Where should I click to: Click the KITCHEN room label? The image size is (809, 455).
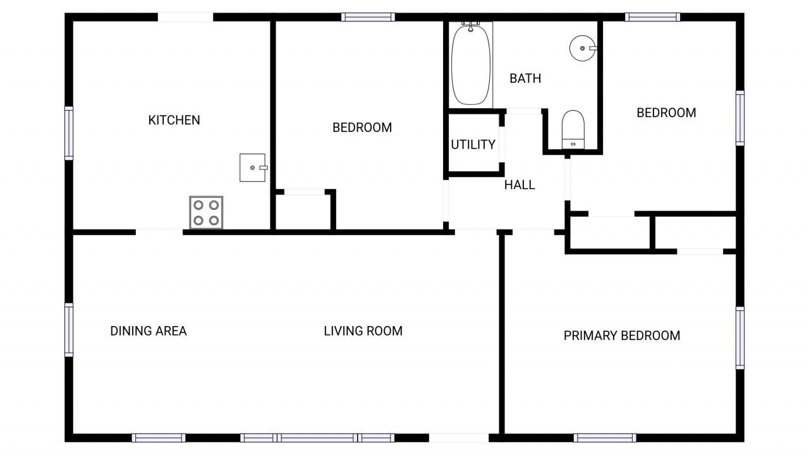(x=174, y=120)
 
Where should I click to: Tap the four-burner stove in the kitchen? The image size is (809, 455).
(x=206, y=212)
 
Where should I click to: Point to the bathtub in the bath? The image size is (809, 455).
(x=471, y=64)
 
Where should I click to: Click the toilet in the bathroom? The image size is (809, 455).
(x=574, y=130)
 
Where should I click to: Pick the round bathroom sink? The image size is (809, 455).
(x=582, y=47)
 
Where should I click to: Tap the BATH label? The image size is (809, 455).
(x=525, y=78)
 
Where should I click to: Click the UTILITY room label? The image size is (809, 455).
(x=473, y=145)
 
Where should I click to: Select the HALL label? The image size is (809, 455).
(x=520, y=185)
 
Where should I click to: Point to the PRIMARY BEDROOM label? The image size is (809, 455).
(x=621, y=336)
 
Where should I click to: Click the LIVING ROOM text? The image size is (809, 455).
(x=363, y=331)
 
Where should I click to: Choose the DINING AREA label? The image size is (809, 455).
(x=149, y=331)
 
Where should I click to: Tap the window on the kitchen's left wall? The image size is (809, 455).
(x=69, y=133)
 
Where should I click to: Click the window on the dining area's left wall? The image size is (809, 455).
(x=69, y=330)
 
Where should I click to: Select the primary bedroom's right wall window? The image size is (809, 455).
(x=739, y=337)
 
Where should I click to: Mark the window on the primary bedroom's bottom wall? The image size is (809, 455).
(x=605, y=437)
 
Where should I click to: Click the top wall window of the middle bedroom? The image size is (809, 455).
(x=368, y=17)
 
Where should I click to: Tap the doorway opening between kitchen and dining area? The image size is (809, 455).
(x=159, y=232)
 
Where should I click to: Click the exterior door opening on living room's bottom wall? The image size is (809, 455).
(x=458, y=437)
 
